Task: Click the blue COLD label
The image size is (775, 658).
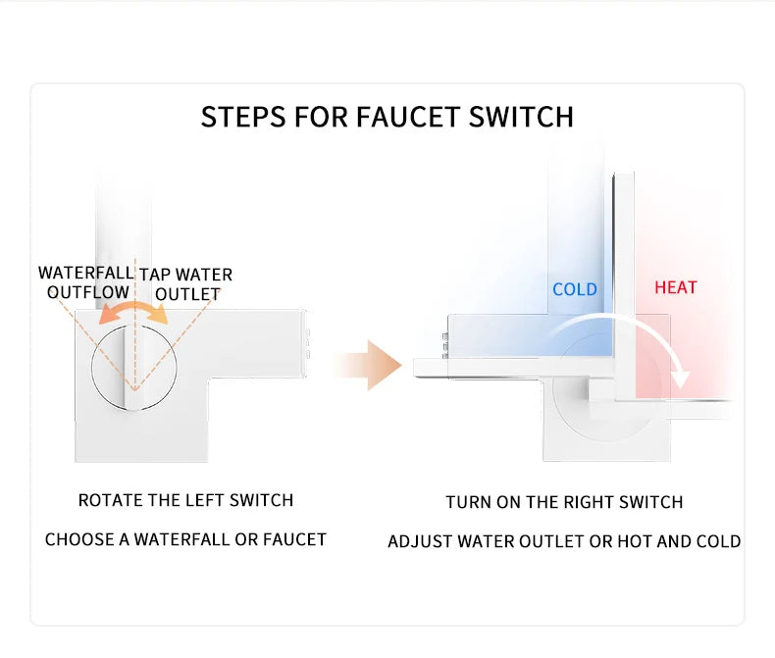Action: tap(574, 289)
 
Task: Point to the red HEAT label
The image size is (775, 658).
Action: tap(675, 287)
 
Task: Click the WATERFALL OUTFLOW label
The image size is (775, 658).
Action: tap(86, 282)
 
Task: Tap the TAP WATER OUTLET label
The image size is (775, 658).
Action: tap(186, 284)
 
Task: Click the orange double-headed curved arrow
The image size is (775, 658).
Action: tap(134, 311)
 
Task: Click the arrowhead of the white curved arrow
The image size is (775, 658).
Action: tap(680, 378)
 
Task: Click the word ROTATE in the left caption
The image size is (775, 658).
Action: tap(110, 500)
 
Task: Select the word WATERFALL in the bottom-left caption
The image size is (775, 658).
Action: tap(180, 539)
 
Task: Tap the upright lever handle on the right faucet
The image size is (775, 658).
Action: tap(624, 284)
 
